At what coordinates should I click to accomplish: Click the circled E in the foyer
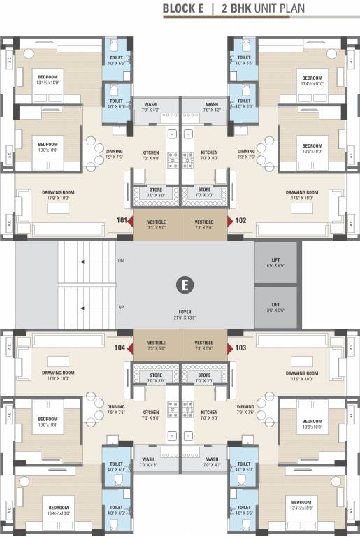click(185, 285)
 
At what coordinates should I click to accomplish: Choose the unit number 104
click(120, 347)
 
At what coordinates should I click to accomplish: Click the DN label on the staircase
click(121, 262)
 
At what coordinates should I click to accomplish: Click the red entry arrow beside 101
click(129, 221)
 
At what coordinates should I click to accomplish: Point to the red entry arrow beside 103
click(230, 347)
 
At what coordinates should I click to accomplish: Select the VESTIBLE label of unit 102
click(204, 220)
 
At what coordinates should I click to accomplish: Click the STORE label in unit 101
click(156, 189)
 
